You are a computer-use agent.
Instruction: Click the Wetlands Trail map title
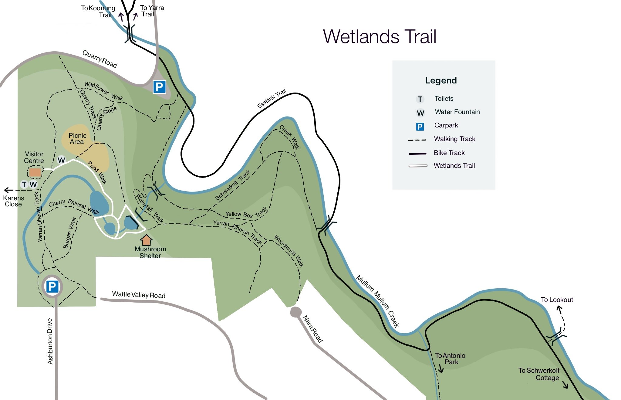(x=380, y=37)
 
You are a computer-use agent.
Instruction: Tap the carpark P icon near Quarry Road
(x=159, y=87)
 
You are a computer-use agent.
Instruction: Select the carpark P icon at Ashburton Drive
(x=52, y=286)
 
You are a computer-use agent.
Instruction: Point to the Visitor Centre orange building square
(x=35, y=172)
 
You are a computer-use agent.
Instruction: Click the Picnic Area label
(x=77, y=138)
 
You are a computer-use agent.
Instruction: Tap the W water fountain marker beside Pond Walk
(x=61, y=160)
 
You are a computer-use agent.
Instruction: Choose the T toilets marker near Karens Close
(x=24, y=184)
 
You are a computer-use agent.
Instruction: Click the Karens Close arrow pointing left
(x=8, y=190)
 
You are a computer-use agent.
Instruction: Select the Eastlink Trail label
(x=271, y=98)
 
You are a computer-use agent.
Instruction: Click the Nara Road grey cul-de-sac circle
(x=295, y=312)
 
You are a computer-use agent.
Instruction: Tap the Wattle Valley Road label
(x=139, y=294)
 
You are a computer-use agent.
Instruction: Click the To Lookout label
(x=557, y=300)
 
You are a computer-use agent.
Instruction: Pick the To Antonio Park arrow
(x=440, y=369)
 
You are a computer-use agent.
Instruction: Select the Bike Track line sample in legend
(x=417, y=154)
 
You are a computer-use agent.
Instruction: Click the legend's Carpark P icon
(x=420, y=127)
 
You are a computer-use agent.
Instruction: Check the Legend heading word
(x=441, y=80)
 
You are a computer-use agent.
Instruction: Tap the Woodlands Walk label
(x=289, y=250)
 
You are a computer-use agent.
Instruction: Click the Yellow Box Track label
(x=246, y=213)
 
